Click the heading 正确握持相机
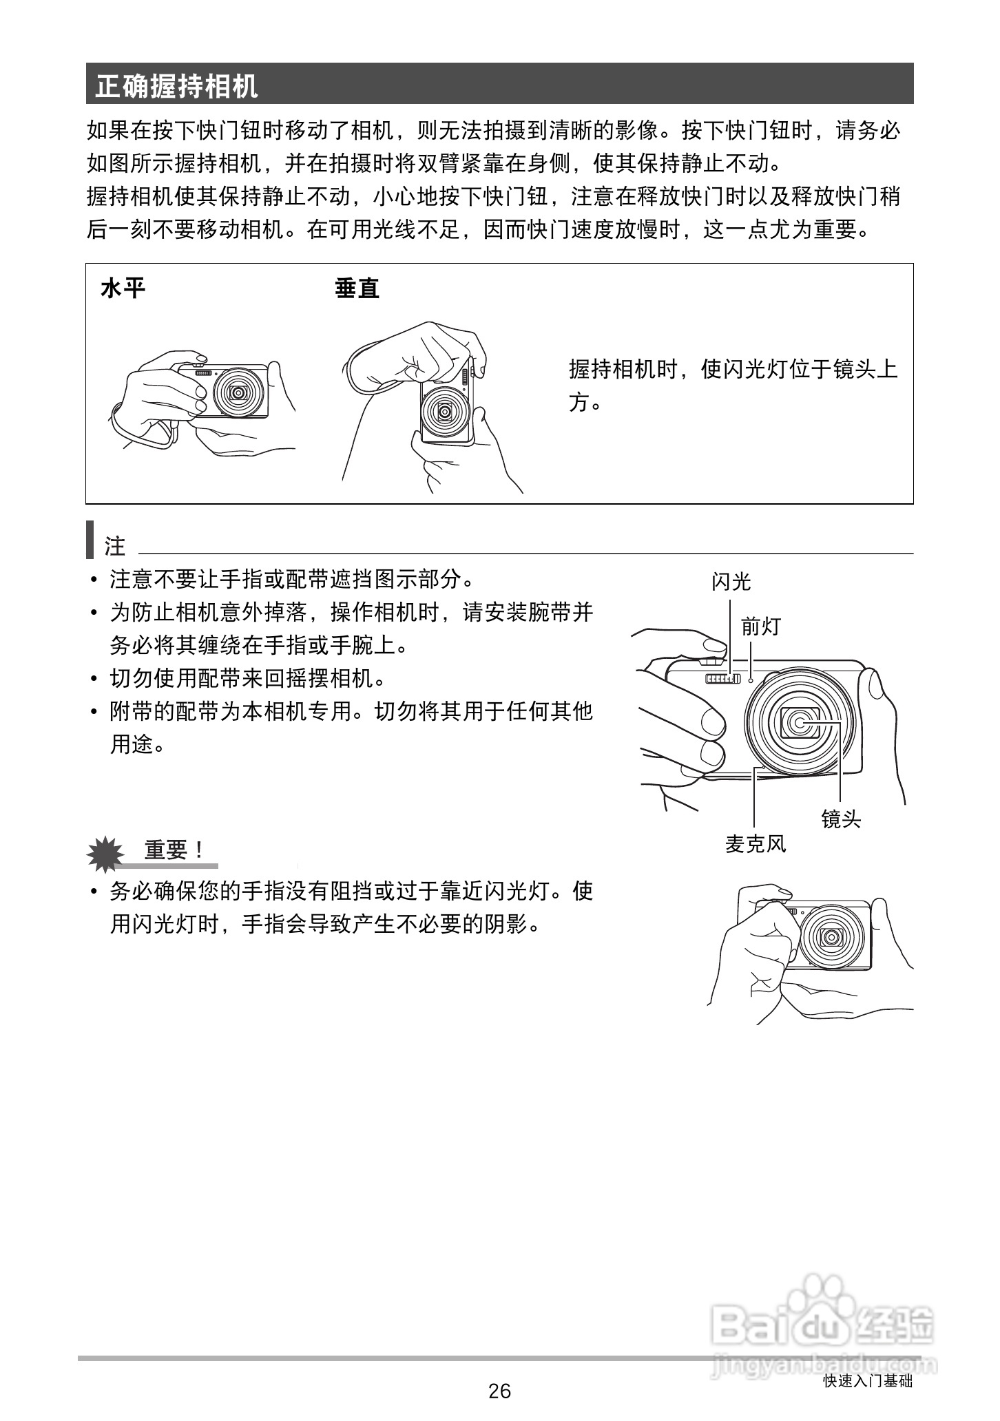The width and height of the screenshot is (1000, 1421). pos(177,86)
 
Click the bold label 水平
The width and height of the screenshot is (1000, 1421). pos(123,288)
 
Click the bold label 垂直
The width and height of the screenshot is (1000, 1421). pos(357,288)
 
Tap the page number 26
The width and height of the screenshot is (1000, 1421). pos(499,1391)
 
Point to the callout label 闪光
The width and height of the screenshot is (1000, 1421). pos(731,582)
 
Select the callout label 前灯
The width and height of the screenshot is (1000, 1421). pos(760,627)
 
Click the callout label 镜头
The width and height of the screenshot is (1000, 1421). pos(841,819)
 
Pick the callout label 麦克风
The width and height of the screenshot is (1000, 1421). pos(756,844)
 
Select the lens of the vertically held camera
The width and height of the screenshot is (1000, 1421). pos(445,412)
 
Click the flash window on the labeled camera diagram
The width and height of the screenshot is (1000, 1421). pos(722,680)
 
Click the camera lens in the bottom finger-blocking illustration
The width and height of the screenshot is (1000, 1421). pos(833,937)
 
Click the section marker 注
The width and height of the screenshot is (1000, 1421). pos(114,546)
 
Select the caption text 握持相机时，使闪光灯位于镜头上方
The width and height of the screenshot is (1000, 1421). pos(733,386)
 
